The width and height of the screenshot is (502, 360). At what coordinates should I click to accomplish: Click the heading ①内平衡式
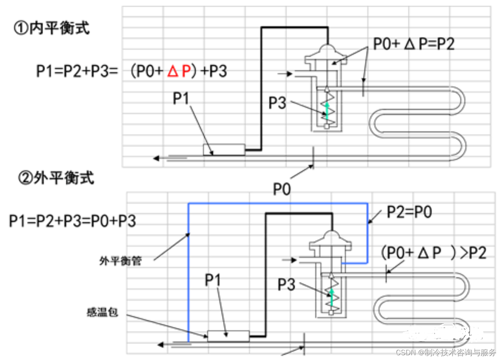(52, 29)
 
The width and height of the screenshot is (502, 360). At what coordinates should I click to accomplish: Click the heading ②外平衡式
(56, 177)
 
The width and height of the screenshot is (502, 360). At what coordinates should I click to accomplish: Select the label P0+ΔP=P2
(414, 44)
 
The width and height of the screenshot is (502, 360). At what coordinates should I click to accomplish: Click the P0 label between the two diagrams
(281, 189)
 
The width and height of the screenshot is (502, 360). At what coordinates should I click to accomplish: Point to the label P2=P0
(409, 212)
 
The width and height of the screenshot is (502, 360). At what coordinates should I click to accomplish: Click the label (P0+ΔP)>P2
(433, 253)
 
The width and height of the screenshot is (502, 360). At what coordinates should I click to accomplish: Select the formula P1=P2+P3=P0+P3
(73, 220)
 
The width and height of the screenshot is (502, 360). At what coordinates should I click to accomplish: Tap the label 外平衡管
(121, 262)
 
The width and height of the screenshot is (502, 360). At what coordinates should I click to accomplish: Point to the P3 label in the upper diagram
(278, 102)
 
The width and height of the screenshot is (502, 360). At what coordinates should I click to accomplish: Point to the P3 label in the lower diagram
(287, 285)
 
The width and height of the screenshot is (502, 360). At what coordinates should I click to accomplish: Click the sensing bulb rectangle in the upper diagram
(224, 150)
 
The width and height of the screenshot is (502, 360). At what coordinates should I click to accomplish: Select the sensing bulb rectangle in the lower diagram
(228, 336)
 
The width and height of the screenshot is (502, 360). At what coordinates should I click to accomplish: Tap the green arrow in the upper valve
(326, 110)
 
